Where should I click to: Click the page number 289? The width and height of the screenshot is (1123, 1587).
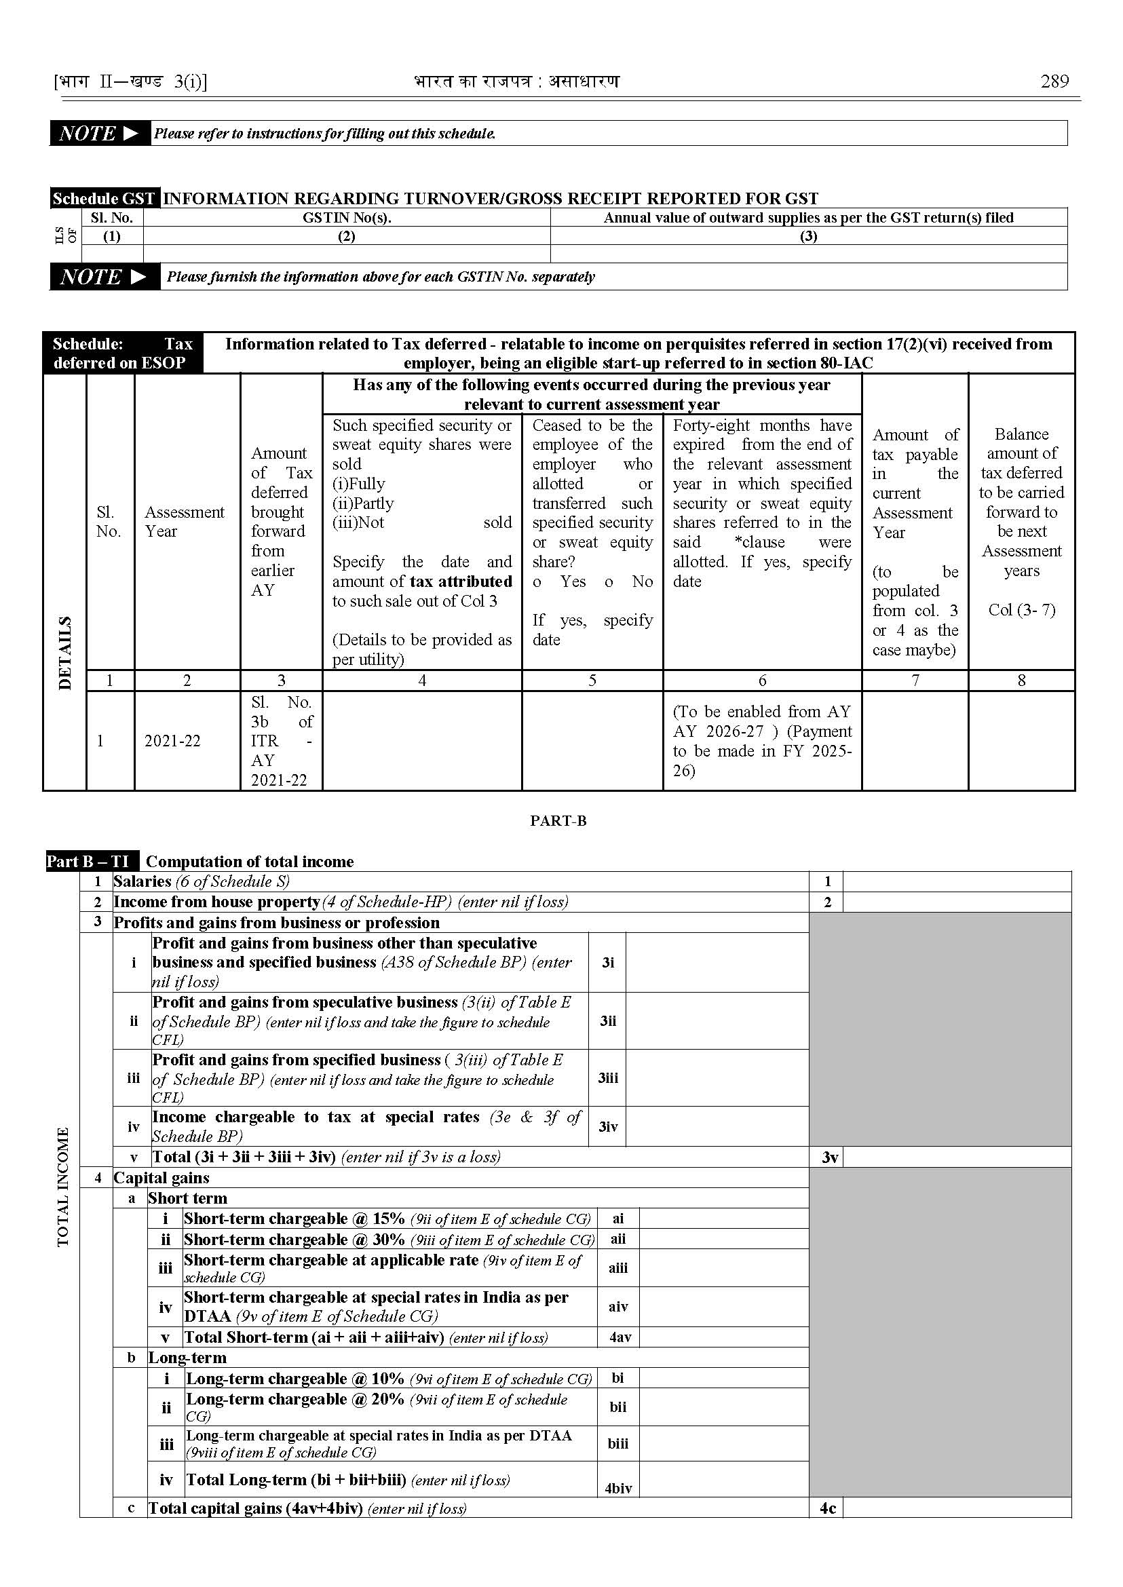[x=1054, y=81]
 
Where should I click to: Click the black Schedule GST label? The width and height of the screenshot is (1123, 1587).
[x=104, y=199]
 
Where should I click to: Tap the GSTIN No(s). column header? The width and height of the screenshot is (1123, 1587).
[x=347, y=218]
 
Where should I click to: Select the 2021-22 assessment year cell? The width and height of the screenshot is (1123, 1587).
[x=172, y=741]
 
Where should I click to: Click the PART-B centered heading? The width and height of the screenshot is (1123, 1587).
[x=558, y=821]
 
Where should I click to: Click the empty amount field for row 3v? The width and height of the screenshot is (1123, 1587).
[x=956, y=1157]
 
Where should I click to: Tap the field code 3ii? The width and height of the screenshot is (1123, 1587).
[x=608, y=1021]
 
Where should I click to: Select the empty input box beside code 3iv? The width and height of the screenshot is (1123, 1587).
[x=717, y=1126]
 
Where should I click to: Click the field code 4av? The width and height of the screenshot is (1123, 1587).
[x=620, y=1337]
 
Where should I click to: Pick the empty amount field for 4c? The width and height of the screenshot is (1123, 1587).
[x=956, y=1508]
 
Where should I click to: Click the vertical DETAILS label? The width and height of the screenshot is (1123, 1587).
[x=65, y=653]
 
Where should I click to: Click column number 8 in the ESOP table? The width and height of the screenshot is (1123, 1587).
[x=1021, y=681]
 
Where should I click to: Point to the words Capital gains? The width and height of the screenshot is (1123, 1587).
[x=161, y=1178]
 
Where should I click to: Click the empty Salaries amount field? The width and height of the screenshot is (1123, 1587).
[x=956, y=881]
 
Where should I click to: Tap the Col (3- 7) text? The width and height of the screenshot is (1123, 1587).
[x=1021, y=610]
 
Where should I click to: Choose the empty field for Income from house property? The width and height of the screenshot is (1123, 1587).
[x=956, y=902]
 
